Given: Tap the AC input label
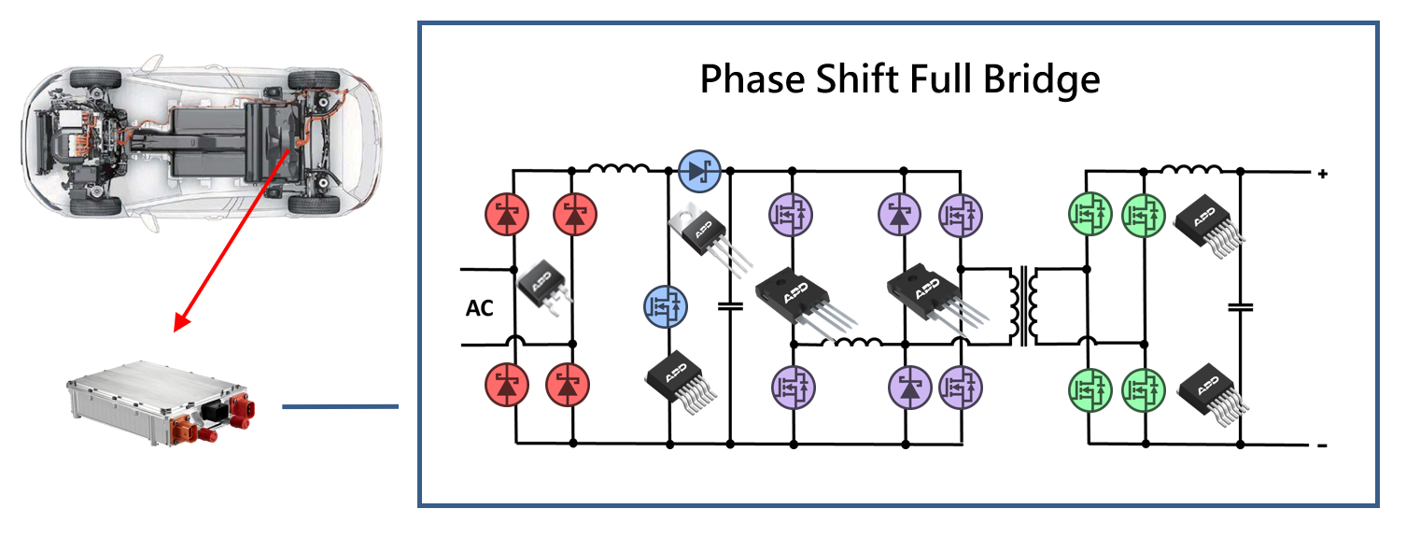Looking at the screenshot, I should pyautogui.click(x=479, y=308).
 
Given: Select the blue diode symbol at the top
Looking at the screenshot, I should pyautogui.click(x=700, y=170).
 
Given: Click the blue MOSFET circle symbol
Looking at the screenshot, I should pyautogui.click(x=667, y=305).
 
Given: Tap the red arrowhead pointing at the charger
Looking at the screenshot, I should pyautogui.click(x=181, y=321).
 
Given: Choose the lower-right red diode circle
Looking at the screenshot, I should pyautogui.click(x=571, y=384).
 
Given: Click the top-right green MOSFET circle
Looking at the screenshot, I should pyautogui.click(x=1144, y=215).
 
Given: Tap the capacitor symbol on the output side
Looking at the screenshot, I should pyautogui.click(x=1241, y=306).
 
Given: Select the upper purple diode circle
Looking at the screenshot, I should pyautogui.click(x=901, y=216).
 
